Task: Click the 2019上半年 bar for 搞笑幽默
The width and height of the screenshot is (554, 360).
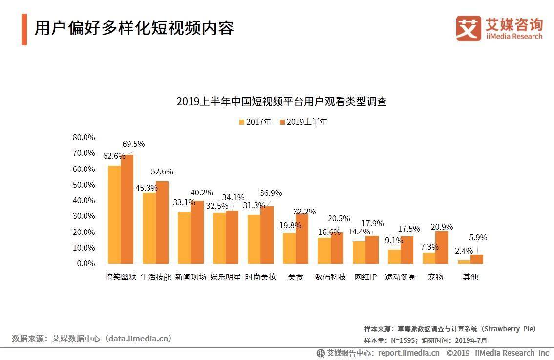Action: [127, 209]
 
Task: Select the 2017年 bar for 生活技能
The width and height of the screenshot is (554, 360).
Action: [149, 228]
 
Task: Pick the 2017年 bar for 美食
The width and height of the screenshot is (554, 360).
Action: [289, 248]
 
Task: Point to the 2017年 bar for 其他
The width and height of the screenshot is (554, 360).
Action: [464, 262]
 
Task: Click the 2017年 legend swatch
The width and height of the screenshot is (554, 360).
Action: [241, 122]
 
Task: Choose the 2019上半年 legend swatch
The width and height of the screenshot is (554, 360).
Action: [282, 122]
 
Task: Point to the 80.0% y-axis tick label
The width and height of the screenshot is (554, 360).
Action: [84, 137]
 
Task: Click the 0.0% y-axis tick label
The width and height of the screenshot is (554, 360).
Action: [85, 264]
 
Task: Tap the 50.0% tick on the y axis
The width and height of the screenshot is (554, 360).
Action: [84, 185]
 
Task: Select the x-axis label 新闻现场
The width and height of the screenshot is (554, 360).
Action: [191, 277]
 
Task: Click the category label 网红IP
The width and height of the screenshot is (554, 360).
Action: [365, 277]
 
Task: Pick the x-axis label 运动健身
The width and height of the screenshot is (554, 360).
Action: [400, 277]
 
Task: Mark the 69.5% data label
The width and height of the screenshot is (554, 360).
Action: [133, 144]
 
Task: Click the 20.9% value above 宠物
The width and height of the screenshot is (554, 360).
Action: [441, 227]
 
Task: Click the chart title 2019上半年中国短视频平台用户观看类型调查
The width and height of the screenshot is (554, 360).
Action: [281, 102]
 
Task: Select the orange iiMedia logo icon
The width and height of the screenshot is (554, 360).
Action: [469, 28]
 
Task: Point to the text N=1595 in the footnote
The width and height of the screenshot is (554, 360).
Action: [402, 340]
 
